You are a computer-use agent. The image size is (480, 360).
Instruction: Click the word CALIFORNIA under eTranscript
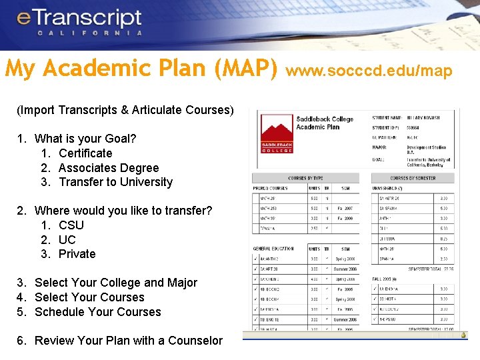[x=90, y=33]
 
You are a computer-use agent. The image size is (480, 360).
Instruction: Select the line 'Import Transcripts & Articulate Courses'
[x=125, y=110]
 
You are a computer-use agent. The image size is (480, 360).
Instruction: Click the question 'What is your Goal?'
[x=85, y=139]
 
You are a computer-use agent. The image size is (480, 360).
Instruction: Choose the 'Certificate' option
[x=85, y=153]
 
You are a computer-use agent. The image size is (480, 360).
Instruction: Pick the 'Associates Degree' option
[x=108, y=168]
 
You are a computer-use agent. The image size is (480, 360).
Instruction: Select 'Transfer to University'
[x=115, y=182]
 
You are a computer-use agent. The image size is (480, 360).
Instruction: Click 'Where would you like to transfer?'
[x=123, y=211]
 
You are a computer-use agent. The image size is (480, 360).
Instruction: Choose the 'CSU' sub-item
[x=71, y=225]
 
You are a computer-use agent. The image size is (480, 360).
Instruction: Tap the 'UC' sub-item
[x=67, y=240]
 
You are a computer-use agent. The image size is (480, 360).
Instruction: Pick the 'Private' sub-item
[x=77, y=254]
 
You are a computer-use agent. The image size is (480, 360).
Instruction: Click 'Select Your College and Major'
[x=115, y=283]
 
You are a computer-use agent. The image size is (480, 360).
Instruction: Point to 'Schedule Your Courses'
[x=97, y=312]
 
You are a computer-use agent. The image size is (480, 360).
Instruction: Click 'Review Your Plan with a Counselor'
[x=128, y=341]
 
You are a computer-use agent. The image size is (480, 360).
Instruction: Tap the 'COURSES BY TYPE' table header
[x=306, y=179]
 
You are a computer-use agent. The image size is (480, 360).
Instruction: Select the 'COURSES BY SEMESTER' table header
[x=413, y=179]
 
